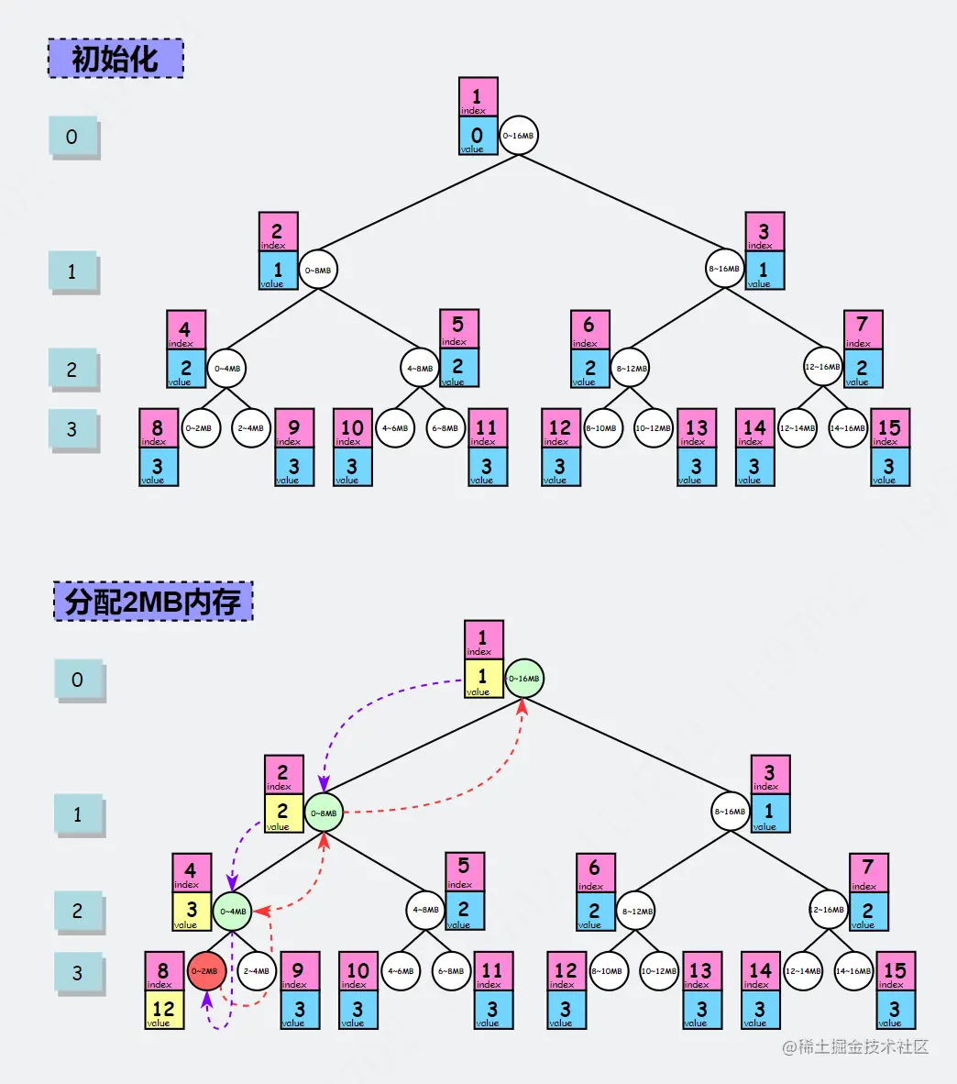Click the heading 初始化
[115, 59]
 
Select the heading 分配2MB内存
[153, 602]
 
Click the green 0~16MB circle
[523, 679]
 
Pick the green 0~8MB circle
[324, 813]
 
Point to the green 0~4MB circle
[233, 912]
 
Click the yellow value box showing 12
[163, 1009]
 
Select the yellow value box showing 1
[483, 679]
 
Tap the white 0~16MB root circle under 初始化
[518, 136]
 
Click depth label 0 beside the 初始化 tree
[72, 138]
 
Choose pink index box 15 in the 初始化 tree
[889, 428]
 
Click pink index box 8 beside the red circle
[163, 971]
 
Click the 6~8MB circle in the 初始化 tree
[445, 428]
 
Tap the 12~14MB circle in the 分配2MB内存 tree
[803, 971]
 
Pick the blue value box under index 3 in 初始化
[764, 271]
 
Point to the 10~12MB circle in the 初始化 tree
[653, 428]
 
